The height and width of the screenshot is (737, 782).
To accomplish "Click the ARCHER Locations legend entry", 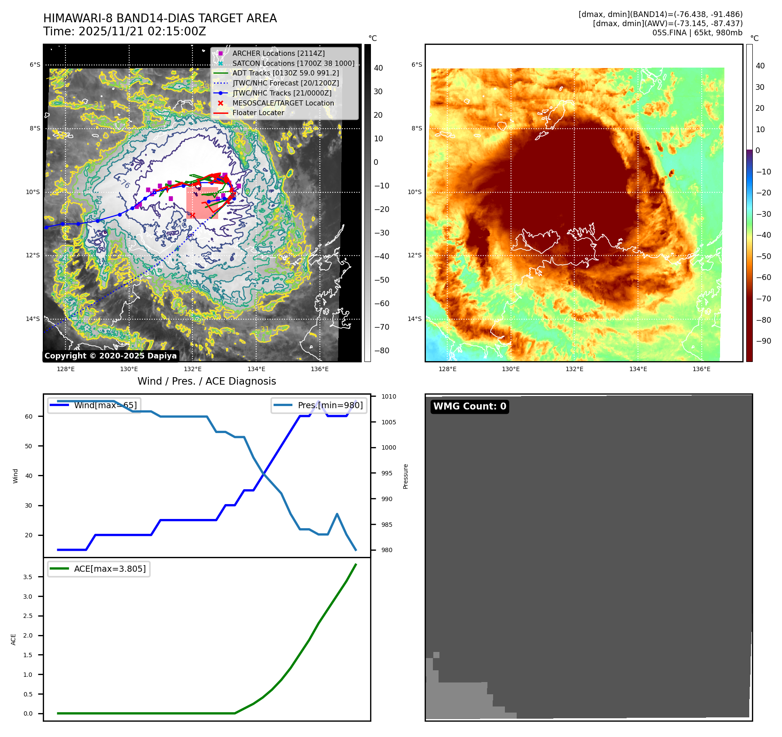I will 278,53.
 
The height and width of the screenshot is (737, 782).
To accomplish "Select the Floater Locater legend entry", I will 258,113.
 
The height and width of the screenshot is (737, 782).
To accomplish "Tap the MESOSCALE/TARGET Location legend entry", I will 283,103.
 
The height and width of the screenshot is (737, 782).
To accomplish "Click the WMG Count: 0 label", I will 470,406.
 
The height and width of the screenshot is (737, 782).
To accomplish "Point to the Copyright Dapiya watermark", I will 110,356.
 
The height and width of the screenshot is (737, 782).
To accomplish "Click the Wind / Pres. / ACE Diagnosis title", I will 206,381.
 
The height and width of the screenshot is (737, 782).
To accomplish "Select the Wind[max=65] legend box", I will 94,405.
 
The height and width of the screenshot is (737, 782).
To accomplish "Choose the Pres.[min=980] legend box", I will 319,405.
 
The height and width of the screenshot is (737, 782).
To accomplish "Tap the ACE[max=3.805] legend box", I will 99,569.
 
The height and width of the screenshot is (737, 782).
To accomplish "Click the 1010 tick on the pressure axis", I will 388,396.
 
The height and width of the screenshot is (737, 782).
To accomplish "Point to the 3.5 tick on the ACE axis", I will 28,577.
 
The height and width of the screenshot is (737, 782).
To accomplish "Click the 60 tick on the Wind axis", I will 29,416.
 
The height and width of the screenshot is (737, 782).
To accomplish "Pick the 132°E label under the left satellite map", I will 192,369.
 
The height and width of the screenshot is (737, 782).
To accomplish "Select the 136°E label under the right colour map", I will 701,369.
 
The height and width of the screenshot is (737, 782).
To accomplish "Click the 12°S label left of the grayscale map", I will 33,255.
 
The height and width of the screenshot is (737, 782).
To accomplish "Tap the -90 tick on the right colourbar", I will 763,341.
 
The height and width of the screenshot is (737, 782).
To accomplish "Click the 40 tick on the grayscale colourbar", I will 378,68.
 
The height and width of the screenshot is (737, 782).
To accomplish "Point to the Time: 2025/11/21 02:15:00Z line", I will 124,31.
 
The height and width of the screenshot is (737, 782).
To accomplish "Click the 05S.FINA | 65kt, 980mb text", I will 697,33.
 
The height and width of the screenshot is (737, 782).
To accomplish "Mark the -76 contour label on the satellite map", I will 124,184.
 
